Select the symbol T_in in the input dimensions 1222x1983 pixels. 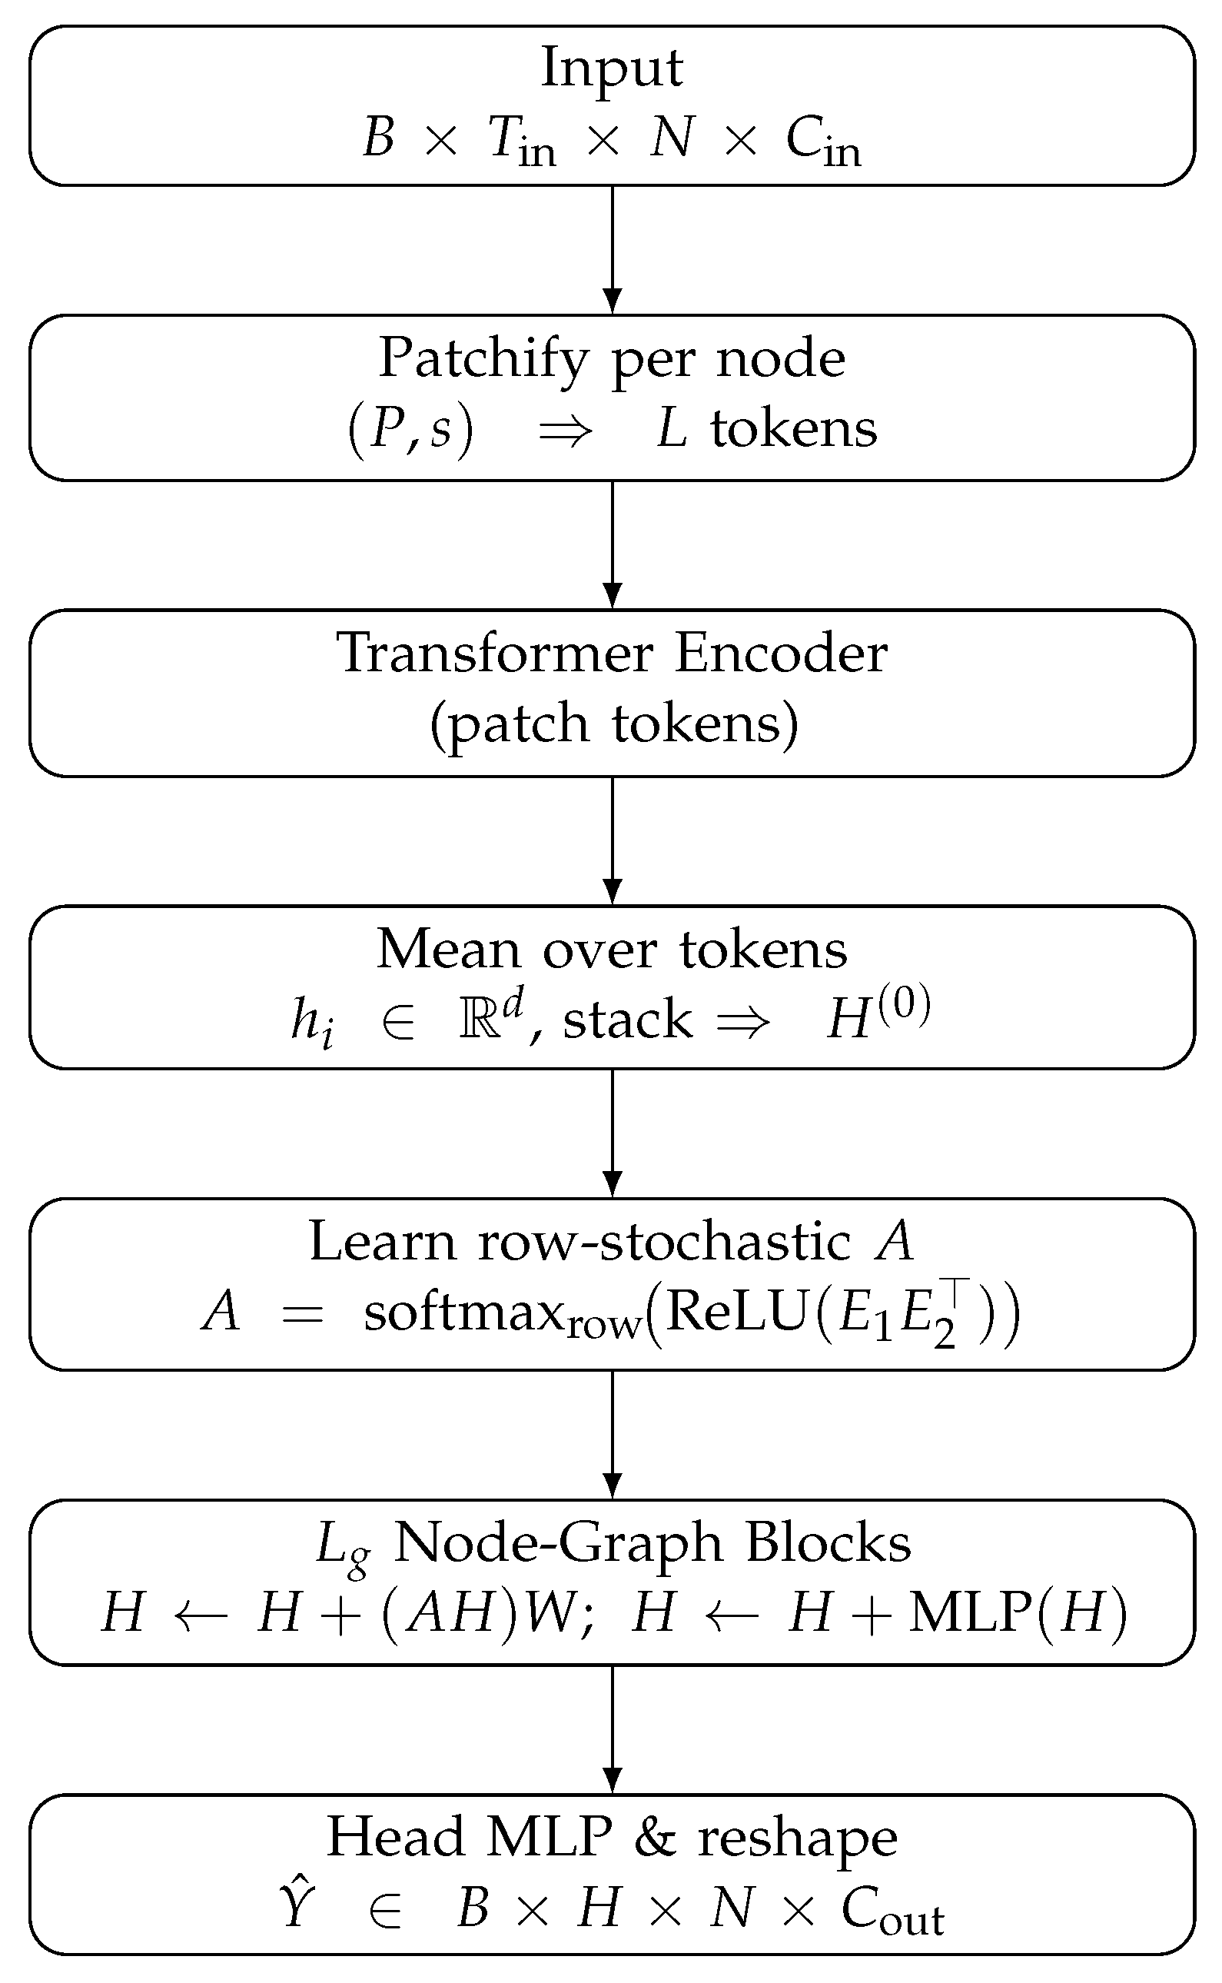pos(521,141)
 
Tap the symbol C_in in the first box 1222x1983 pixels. pos(822,141)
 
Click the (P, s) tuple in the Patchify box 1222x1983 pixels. pos(410,429)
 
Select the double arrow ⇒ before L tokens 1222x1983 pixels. pos(566,431)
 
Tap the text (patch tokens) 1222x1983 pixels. pos(613,724)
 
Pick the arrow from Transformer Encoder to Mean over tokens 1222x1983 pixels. pos(613,840)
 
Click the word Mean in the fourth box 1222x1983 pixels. pos(447,949)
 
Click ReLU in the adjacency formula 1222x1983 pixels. pos(736,1312)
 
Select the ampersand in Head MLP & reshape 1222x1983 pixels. pos(655,1838)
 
